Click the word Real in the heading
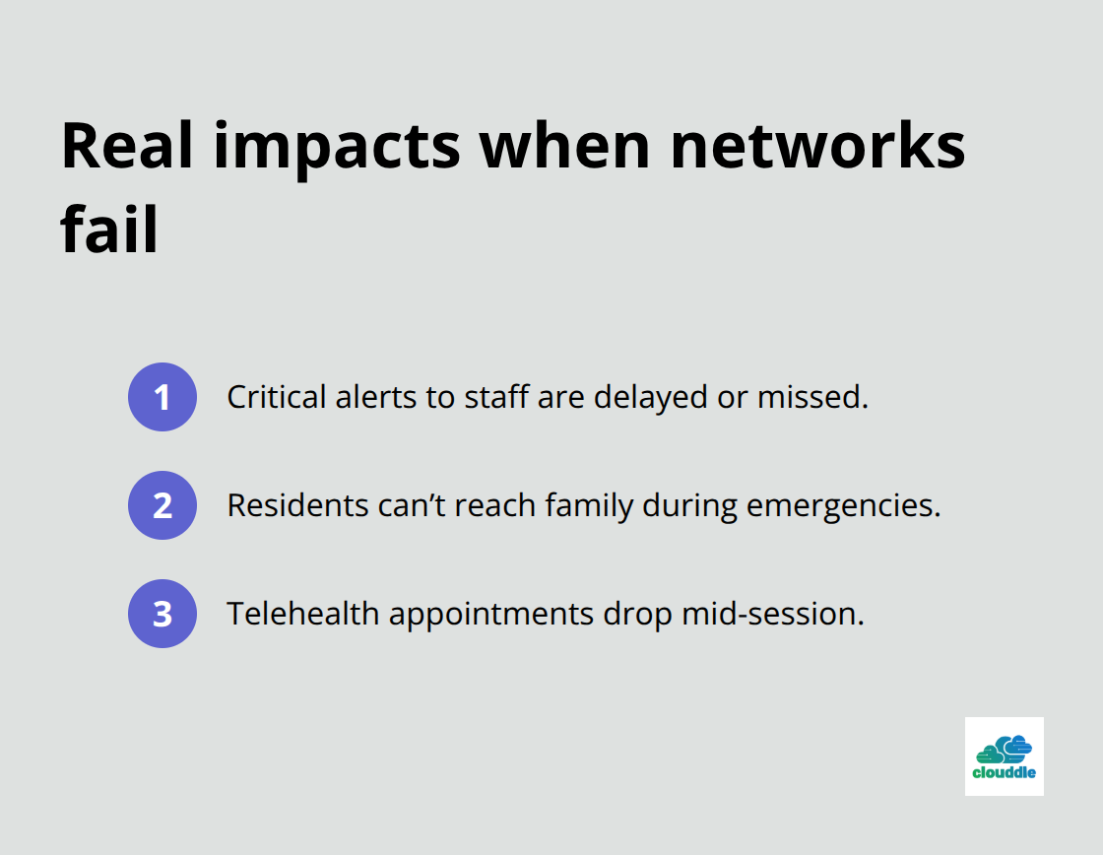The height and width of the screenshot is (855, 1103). click(x=124, y=146)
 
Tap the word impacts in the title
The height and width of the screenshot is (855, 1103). click(x=334, y=146)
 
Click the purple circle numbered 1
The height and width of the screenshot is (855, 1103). click(x=162, y=397)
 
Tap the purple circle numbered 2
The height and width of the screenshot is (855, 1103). click(x=162, y=505)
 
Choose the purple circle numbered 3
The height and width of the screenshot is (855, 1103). click(x=162, y=614)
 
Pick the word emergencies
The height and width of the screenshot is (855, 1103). click(x=843, y=505)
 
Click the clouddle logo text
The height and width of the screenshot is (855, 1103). click(x=1004, y=773)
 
